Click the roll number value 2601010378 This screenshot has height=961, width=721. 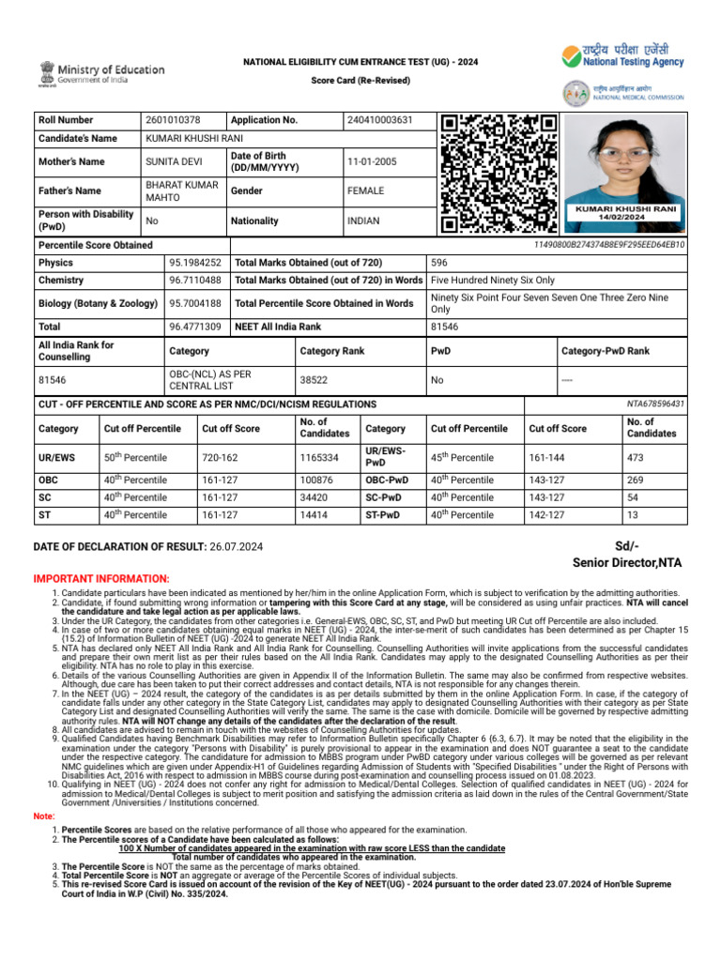tap(173, 120)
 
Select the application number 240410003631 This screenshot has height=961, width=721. tap(379, 120)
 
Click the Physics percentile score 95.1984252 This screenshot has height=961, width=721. tap(195, 263)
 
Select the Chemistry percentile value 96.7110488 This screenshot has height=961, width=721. tap(195, 281)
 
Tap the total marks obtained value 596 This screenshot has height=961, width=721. tap(439, 263)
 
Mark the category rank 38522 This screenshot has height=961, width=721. tap(314, 381)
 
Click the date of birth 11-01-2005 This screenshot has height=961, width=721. tap(372, 161)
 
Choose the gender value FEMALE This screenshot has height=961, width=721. tap(366, 191)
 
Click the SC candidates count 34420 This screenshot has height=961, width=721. tap(315, 497)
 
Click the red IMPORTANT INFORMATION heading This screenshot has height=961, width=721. tap(101, 579)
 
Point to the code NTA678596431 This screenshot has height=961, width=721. tap(655, 404)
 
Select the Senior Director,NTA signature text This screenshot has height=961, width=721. tap(627, 562)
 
